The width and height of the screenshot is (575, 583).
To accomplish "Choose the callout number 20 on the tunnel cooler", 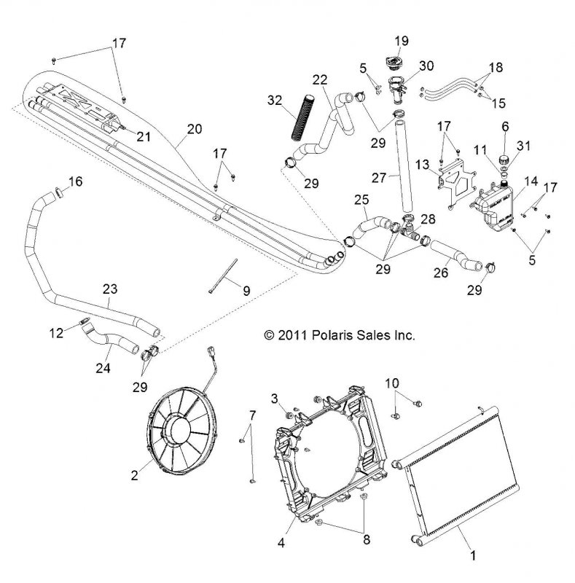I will point(194,130).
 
